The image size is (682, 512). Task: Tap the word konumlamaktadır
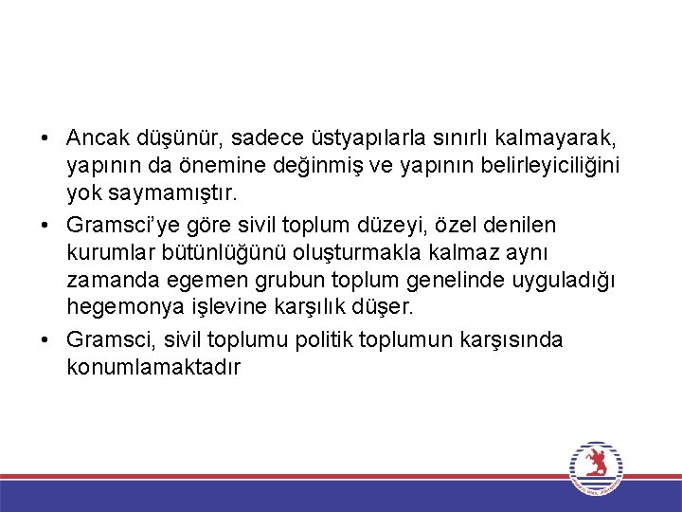pyautogui.click(x=153, y=366)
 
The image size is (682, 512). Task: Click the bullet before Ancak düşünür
pyautogui.click(x=45, y=140)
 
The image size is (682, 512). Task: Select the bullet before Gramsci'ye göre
pyautogui.click(x=45, y=226)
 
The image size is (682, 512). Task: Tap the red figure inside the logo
pyautogui.click(x=596, y=463)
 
